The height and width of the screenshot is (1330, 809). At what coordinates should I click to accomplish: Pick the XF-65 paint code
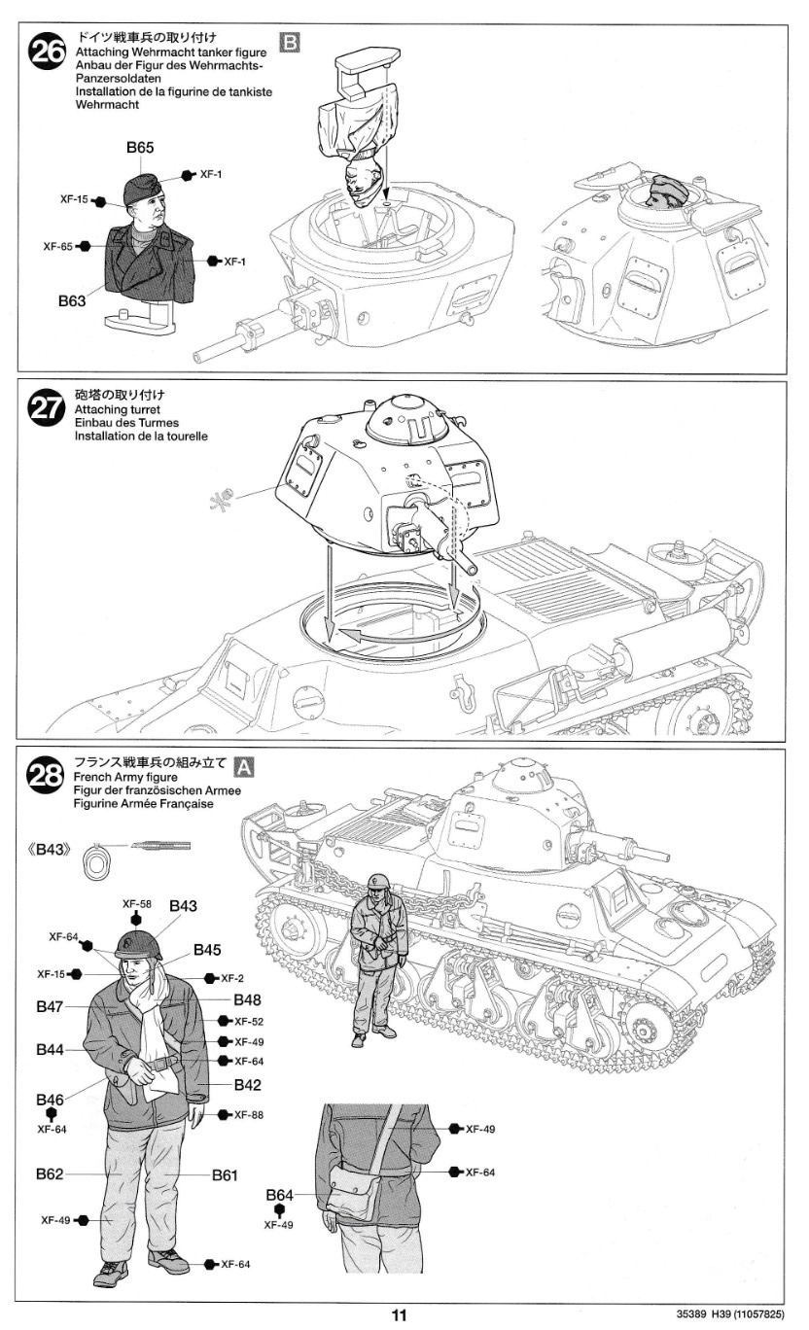[x=58, y=247]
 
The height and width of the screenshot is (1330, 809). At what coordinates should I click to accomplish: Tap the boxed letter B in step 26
[x=290, y=41]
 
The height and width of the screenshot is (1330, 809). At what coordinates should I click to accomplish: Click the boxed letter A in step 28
[x=246, y=765]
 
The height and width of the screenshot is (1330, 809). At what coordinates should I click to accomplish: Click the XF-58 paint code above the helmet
[x=136, y=903]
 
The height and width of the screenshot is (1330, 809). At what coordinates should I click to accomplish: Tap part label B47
[x=51, y=1007]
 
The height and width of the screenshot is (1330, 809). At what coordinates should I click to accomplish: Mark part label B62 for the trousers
[x=51, y=1173]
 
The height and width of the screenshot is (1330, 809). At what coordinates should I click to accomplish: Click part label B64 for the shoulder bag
[x=279, y=1195]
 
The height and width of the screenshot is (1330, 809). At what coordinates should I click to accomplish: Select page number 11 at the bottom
[x=399, y=1314]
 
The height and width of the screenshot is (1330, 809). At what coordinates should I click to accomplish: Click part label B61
[x=225, y=1174]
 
